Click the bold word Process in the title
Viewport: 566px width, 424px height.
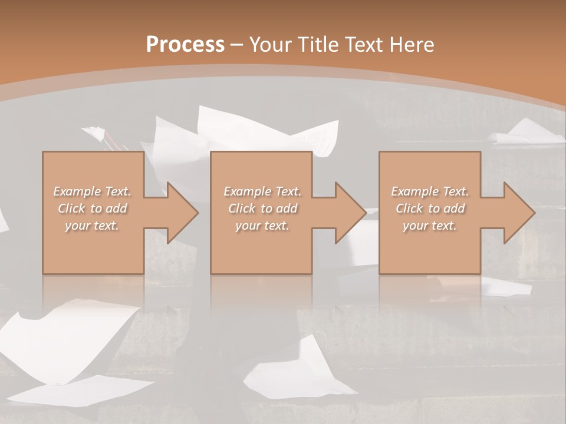tap(185, 45)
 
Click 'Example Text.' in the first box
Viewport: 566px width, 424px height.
tap(92, 191)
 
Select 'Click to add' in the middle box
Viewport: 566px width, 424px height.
tap(262, 208)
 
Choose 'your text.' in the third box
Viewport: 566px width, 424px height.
tap(430, 226)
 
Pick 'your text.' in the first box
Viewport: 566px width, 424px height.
tap(92, 226)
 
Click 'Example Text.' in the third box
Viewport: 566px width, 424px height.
tap(430, 191)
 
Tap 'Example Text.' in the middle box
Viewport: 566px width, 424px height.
tap(262, 191)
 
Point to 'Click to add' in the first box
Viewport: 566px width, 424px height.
tap(92, 208)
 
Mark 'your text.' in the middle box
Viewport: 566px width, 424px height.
tap(262, 226)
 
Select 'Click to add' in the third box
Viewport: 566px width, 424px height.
tap(430, 208)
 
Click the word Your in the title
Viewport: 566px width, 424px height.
tap(272, 45)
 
